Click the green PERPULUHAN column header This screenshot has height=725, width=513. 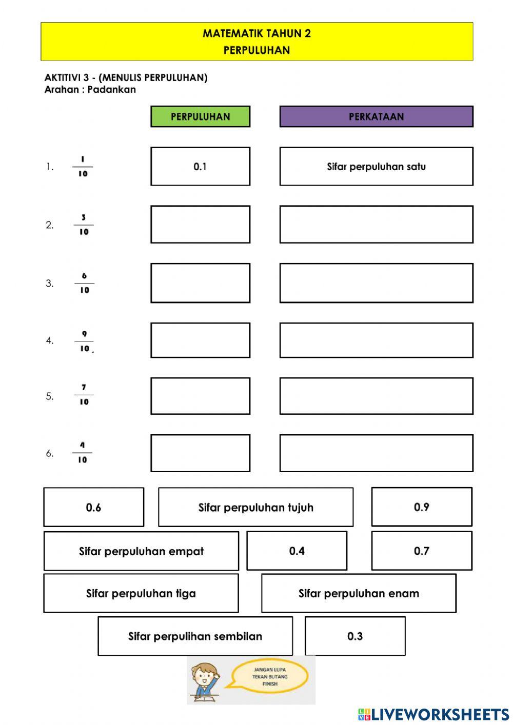200,116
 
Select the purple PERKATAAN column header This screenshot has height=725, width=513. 376,116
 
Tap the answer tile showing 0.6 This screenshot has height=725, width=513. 93,507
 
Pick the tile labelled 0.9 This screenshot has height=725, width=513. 421,507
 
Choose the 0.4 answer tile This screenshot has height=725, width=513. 297,551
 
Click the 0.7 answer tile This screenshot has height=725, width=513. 421,551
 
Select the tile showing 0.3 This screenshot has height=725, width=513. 355,636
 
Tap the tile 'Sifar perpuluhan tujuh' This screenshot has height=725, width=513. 255,507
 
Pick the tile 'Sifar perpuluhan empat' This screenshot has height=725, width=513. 141,551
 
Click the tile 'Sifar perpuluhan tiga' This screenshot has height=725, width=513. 141,593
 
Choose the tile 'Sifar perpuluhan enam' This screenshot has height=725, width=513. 359,593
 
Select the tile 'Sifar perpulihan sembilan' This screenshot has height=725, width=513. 195,636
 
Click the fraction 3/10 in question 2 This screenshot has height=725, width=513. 84,225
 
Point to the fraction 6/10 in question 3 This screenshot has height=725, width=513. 84,283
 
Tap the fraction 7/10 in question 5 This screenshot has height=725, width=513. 84,395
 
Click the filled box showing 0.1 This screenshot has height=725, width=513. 200,166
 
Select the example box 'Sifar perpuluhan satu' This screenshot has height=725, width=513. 376,166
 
